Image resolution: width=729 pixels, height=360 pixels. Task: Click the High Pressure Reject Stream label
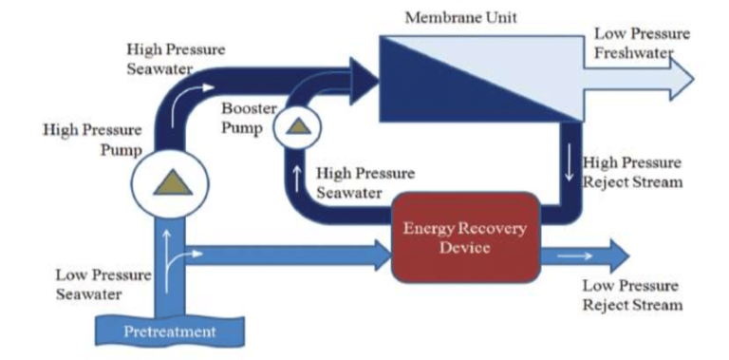point(633,172)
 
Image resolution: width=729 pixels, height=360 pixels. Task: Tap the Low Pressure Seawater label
point(103,284)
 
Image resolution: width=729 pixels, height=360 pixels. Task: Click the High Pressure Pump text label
point(92,139)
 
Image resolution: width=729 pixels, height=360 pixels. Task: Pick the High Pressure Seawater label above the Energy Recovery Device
point(364,182)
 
